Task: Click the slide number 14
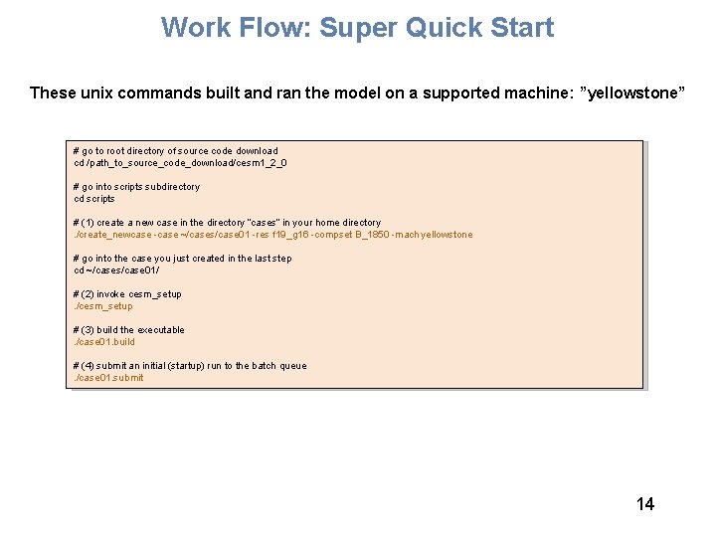pyautogui.click(x=645, y=504)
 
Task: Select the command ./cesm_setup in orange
pyautogui.click(x=103, y=306)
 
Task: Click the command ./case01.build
pyautogui.click(x=104, y=342)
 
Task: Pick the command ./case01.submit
pyautogui.click(x=108, y=378)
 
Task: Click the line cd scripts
pyautogui.click(x=94, y=199)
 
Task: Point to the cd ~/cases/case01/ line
pyautogui.click(x=116, y=270)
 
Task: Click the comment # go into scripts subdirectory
pyautogui.click(x=136, y=187)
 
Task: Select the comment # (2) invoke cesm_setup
pyautogui.click(x=127, y=294)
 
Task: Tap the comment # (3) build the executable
pyautogui.click(x=129, y=330)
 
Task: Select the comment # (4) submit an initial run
pyautogui.click(x=190, y=366)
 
